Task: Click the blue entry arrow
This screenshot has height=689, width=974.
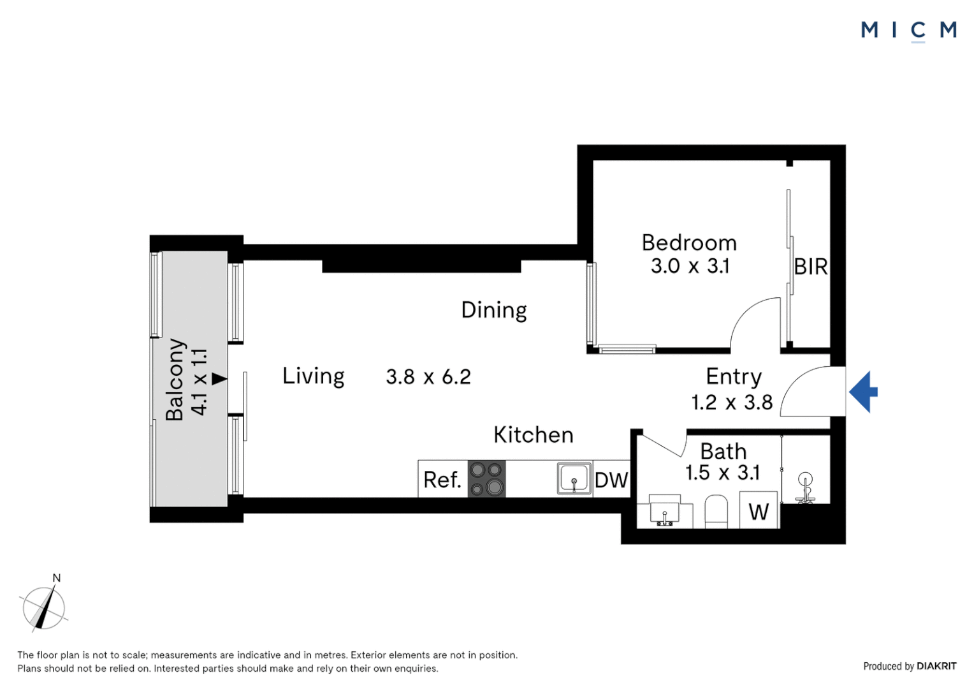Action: point(863,392)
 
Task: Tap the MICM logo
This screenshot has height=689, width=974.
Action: point(908,30)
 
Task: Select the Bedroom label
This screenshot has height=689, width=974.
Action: point(689,243)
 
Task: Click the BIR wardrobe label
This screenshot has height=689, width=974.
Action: point(810,267)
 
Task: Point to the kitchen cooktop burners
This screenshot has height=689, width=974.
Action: point(486,479)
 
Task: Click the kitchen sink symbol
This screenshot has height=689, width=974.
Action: point(574,478)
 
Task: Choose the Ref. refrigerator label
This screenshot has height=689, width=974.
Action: point(442,480)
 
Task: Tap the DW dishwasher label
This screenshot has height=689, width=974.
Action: point(611,480)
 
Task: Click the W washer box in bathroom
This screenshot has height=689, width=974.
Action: point(759,510)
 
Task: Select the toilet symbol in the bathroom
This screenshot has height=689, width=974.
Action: point(716,512)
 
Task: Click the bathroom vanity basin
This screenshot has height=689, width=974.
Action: point(664,513)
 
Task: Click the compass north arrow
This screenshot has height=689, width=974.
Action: point(43,608)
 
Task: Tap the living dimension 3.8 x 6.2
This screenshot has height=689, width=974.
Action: point(428,377)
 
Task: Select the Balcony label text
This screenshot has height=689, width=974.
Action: point(175,380)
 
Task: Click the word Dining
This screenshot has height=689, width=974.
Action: point(494,310)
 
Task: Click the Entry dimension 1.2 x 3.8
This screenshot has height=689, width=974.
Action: point(732,403)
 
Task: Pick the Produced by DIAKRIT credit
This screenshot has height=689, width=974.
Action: point(910,666)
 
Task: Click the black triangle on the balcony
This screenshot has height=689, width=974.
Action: point(219,379)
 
